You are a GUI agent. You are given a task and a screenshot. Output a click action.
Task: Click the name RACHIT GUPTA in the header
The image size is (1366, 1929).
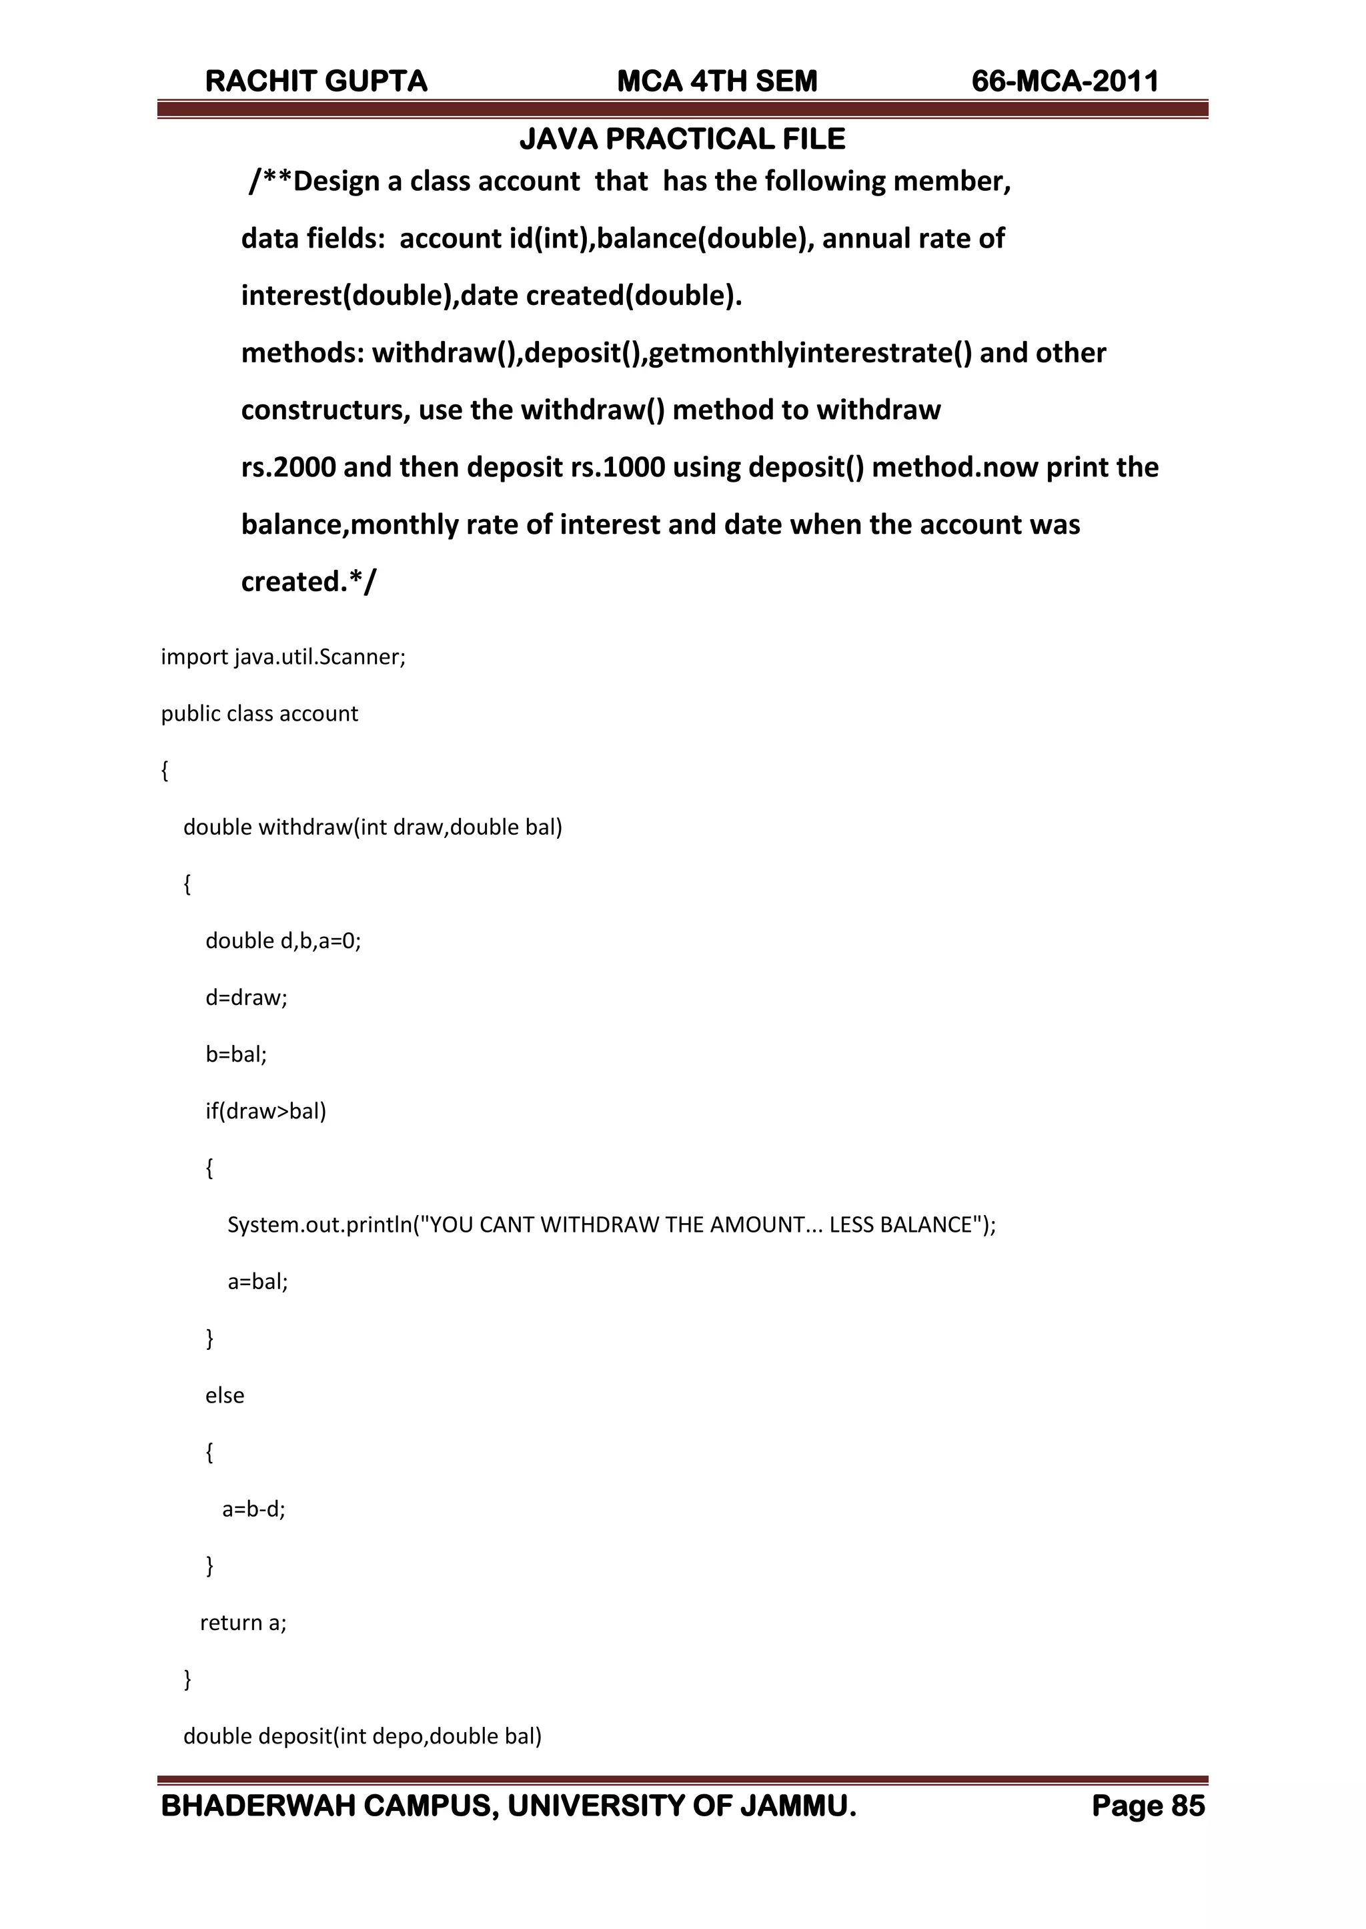click(x=316, y=81)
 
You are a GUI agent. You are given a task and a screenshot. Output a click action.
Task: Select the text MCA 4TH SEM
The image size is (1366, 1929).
click(x=716, y=81)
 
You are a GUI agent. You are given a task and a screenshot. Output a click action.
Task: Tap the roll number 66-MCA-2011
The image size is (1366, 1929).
click(x=1065, y=81)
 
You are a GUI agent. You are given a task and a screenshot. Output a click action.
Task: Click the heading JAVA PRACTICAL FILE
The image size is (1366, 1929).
click(x=682, y=139)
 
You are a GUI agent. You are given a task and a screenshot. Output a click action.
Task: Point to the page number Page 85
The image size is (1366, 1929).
click(x=1148, y=1806)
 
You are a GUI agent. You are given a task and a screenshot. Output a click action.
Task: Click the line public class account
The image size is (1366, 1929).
click(x=259, y=713)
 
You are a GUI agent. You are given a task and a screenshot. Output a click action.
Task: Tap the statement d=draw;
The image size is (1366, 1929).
click(x=246, y=998)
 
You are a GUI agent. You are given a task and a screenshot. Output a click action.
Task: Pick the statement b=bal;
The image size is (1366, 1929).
click(x=236, y=1054)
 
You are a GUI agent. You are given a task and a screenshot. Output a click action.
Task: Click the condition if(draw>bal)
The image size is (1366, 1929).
click(x=266, y=1112)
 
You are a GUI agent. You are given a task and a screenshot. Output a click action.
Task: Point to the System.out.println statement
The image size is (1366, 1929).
click(x=612, y=1225)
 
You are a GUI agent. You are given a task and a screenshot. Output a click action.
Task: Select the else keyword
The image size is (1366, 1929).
click(x=225, y=1396)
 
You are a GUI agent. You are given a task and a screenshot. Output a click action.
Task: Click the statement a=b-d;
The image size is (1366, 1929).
click(x=254, y=1509)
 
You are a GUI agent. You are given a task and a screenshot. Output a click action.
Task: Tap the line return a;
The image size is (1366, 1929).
click(x=243, y=1623)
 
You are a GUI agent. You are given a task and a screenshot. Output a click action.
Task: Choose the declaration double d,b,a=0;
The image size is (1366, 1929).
click(x=283, y=941)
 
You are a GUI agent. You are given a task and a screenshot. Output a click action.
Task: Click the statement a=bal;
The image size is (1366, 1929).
click(x=258, y=1282)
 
